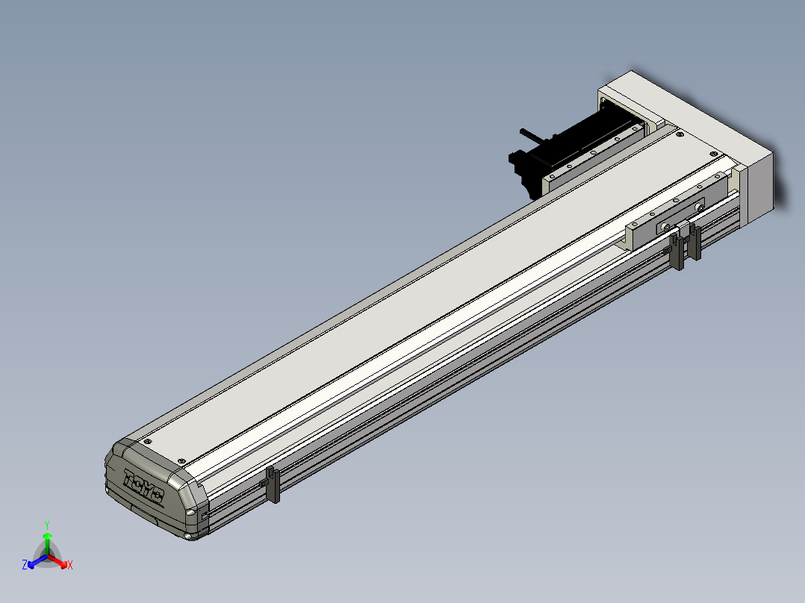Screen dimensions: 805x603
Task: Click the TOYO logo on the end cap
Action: (143, 486)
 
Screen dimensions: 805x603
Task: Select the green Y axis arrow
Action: (47, 543)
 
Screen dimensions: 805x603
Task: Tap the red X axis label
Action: (70, 565)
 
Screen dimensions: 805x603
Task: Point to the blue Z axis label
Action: (25, 564)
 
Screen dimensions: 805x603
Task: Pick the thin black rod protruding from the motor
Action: (535, 136)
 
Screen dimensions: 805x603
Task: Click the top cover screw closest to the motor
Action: (680, 134)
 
